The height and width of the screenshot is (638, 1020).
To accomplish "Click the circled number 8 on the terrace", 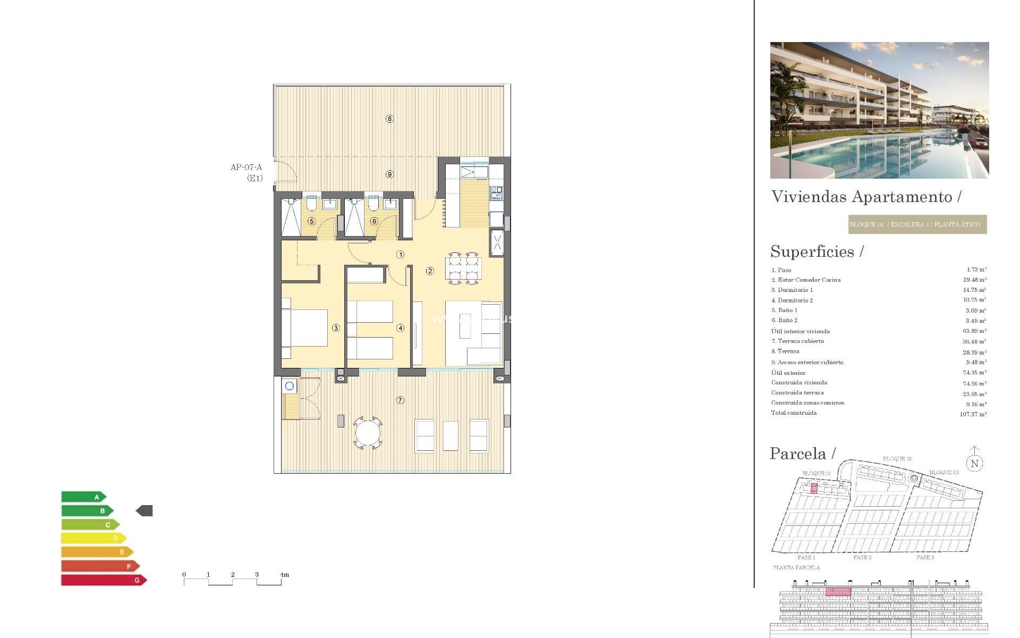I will pyautogui.click(x=389, y=119).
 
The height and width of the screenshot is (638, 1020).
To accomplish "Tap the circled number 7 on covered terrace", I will pyautogui.click(x=400, y=400).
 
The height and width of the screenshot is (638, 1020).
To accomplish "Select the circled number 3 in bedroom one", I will pyautogui.click(x=336, y=328).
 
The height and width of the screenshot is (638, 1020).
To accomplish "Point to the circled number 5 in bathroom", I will pyautogui.click(x=311, y=221).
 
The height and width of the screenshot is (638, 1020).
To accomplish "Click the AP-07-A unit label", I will pyautogui.click(x=246, y=167).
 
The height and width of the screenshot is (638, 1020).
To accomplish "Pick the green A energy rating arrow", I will pyautogui.click(x=83, y=497).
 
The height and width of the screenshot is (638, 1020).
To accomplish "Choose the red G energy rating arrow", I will pyautogui.click(x=104, y=580).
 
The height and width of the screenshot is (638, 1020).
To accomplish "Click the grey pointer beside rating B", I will pyautogui.click(x=144, y=511).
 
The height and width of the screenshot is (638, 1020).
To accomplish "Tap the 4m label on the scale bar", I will pyautogui.click(x=284, y=575).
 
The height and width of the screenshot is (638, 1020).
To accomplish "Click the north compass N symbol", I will pyautogui.click(x=974, y=463).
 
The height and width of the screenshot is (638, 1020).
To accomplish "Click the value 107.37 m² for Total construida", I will pyautogui.click(x=973, y=414).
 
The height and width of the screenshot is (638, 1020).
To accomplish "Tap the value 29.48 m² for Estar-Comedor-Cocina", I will pyautogui.click(x=974, y=280).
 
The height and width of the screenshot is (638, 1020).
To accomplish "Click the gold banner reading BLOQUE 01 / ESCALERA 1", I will pyautogui.click(x=917, y=224).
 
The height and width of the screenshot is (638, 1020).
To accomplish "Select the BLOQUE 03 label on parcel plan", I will pyautogui.click(x=943, y=472).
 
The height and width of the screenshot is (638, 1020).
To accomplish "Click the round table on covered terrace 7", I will pyautogui.click(x=368, y=433).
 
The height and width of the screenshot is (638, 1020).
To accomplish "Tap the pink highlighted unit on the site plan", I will pyautogui.click(x=814, y=489).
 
